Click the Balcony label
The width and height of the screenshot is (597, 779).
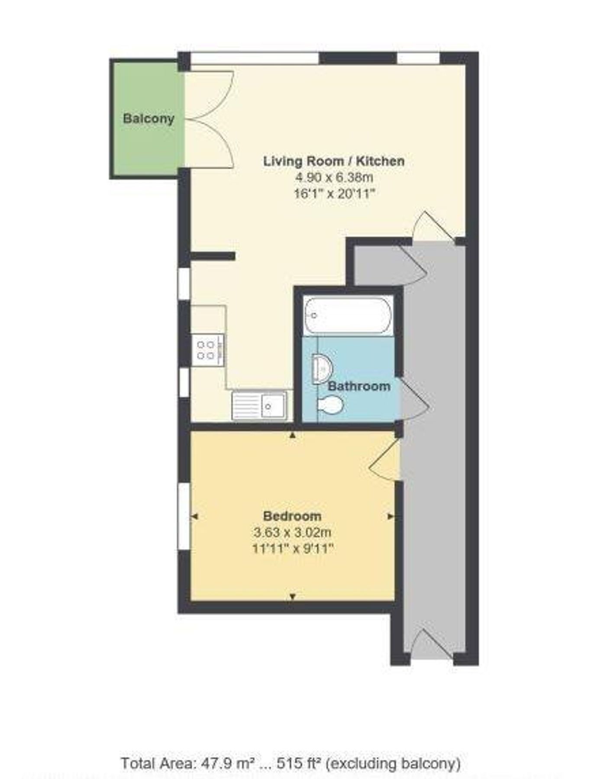click(x=148, y=119)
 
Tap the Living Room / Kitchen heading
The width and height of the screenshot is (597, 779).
click(x=334, y=161)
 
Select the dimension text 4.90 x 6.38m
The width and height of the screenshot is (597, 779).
click(x=334, y=177)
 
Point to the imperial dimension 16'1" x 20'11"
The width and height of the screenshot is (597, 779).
click(x=334, y=193)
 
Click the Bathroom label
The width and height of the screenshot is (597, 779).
click(x=359, y=386)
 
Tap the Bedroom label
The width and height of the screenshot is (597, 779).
click(x=292, y=516)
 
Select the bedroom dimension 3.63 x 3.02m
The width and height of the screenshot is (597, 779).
click(x=292, y=532)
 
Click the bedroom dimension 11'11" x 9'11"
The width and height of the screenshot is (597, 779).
click(x=292, y=549)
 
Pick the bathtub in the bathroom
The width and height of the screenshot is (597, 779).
click(x=348, y=315)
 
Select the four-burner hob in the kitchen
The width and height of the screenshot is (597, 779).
click(x=207, y=350)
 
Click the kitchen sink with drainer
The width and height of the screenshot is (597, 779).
click(x=259, y=406)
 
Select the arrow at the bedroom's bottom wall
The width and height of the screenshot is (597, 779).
click(x=293, y=597)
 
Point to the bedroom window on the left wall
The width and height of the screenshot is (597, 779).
click(x=184, y=517)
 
